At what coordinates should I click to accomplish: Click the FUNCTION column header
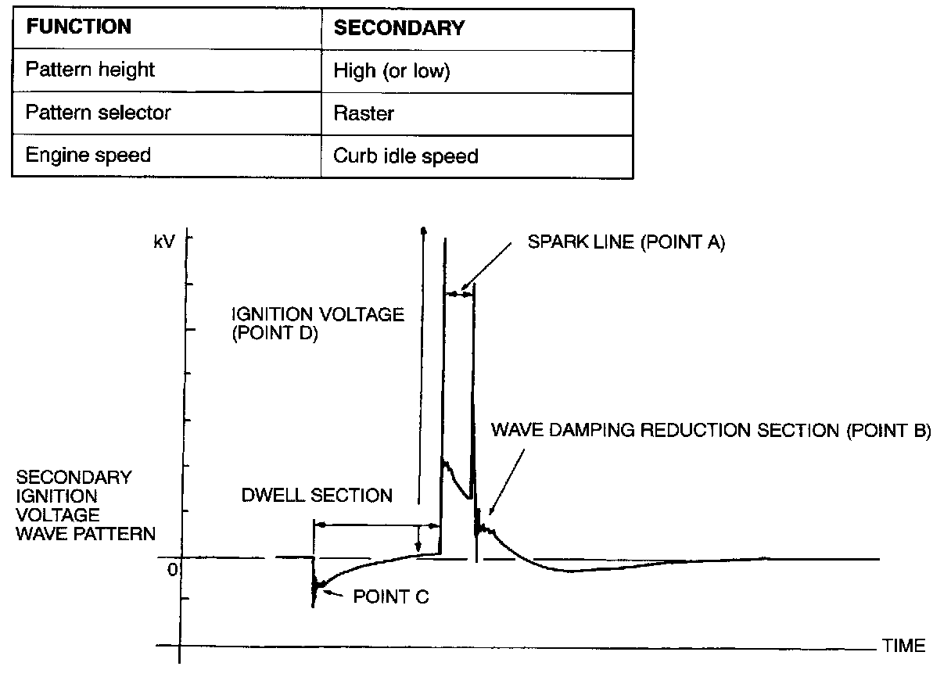point(78,27)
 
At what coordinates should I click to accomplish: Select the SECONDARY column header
point(399,28)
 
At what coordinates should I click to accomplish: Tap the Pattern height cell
point(90,70)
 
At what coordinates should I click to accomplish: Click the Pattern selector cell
point(98,113)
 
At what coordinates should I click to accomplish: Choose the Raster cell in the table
point(364,113)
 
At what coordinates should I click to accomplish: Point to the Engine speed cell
point(88,155)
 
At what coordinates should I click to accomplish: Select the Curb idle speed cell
point(405,156)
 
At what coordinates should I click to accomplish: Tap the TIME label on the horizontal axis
point(903,646)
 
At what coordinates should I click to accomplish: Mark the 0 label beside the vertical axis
point(172,569)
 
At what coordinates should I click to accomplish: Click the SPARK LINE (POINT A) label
point(626,243)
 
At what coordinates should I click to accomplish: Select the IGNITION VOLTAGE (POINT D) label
point(318,324)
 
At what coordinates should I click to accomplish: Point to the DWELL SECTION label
point(316,496)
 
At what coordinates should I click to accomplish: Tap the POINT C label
point(391,597)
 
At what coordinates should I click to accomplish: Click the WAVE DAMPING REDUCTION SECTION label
point(711,431)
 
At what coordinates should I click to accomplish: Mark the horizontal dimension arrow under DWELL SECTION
point(375,525)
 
